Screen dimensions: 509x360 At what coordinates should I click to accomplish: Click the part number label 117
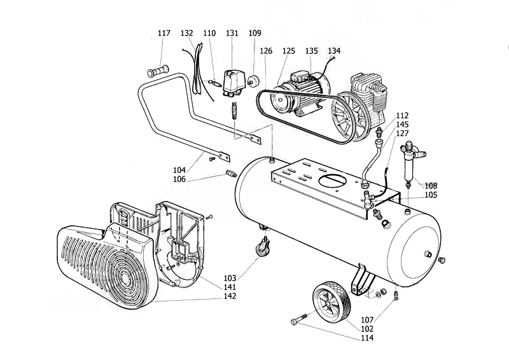point(164,33)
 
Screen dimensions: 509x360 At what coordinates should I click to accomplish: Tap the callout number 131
point(232,33)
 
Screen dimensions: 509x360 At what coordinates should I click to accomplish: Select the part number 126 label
point(266,51)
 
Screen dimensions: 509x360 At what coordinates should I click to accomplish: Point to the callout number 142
point(230,296)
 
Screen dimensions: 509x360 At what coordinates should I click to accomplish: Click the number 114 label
point(367,338)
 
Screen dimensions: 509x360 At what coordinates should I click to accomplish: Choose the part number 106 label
point(179,179)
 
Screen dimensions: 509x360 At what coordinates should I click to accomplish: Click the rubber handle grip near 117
point(158,71)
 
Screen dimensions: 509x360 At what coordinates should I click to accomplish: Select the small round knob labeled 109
point(252,80)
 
